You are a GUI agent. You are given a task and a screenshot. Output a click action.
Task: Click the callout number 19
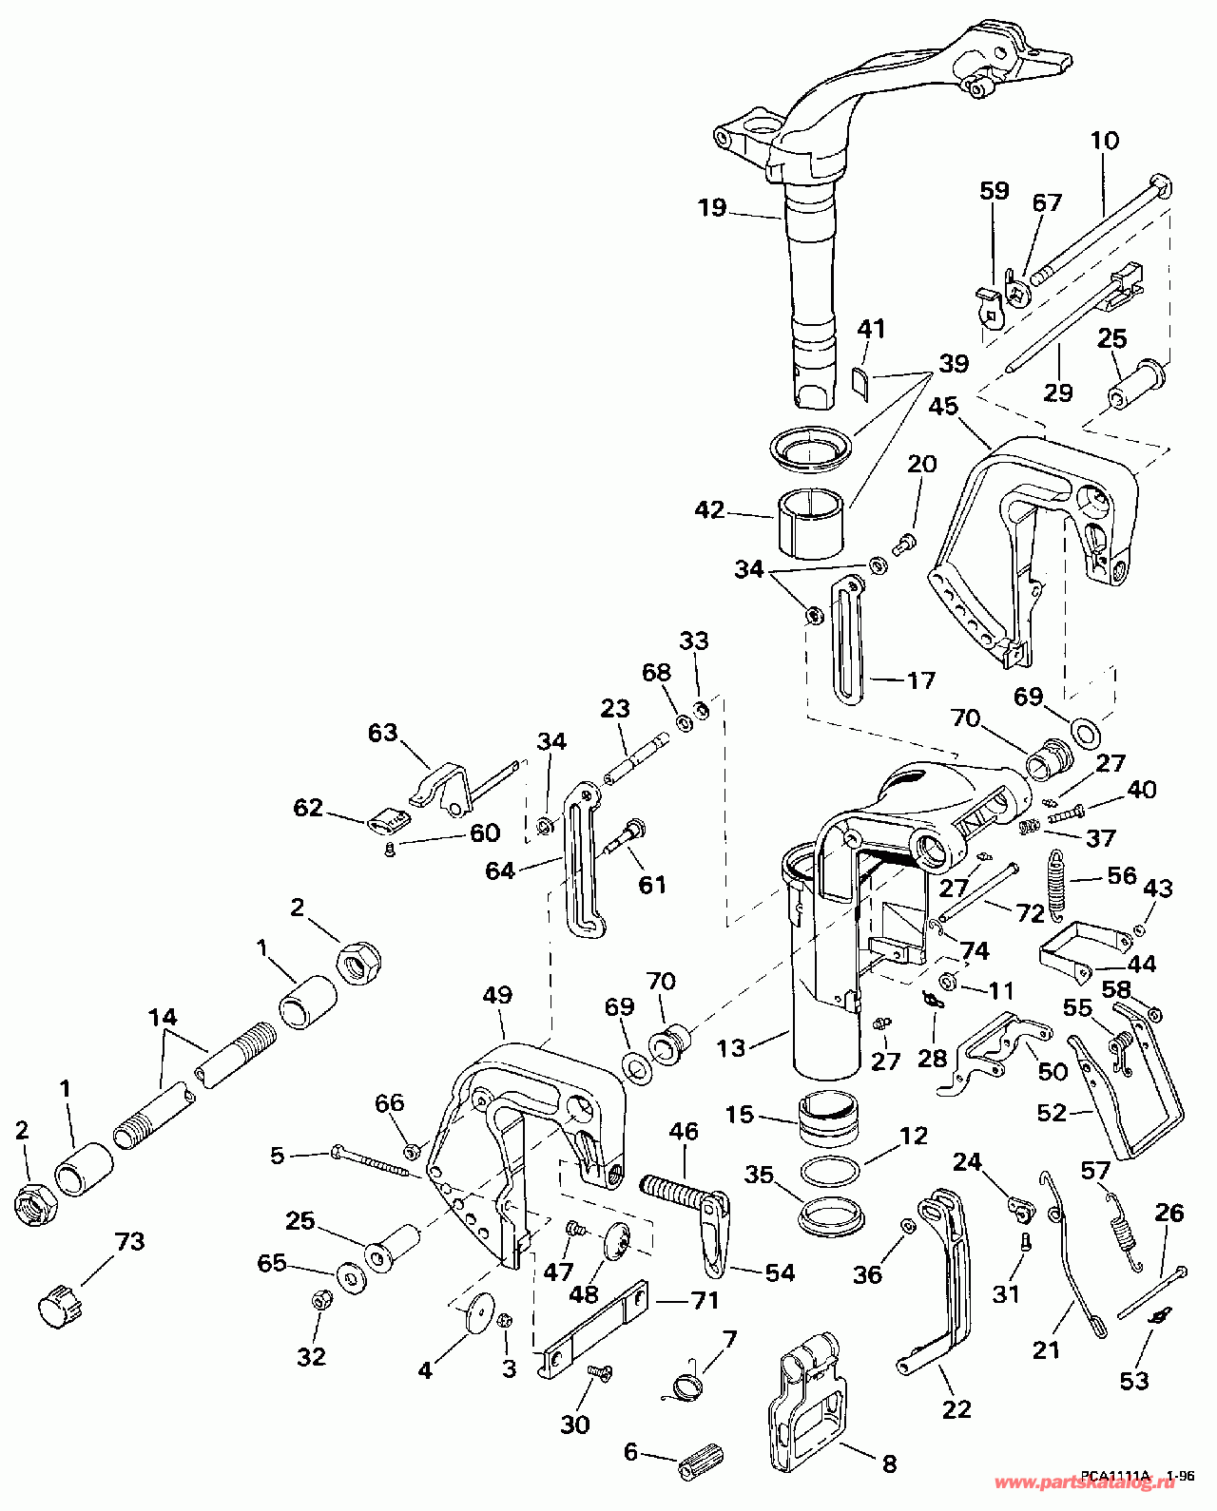(x=711, y=207)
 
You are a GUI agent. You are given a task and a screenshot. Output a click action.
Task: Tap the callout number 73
(x=129, y=1241)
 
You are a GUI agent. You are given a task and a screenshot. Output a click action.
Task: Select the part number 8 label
(x=889, y=1463)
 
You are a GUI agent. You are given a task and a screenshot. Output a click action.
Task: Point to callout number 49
(x=496, y=995)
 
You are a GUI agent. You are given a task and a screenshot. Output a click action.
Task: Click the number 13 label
(x=730, y=1047)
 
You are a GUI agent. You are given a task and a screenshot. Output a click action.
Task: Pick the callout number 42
(x=709, y=510)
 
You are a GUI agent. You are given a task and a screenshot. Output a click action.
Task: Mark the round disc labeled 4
(x=475, y=1316)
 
